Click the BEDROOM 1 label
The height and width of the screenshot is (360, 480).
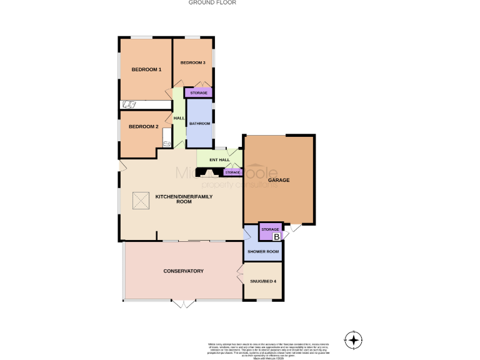(146, 69)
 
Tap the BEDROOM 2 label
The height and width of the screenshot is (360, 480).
(143, 127)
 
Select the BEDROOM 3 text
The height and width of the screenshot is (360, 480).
(193, 62)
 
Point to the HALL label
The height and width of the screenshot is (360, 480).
(179, 118)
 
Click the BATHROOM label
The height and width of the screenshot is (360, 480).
(200, 124)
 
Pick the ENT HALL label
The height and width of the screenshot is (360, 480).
(211, 161)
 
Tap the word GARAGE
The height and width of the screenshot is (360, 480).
(279, 180)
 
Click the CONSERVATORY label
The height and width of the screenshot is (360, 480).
(184, 271)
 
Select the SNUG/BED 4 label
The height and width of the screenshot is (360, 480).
(262, 281)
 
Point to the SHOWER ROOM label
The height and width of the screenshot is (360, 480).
(263, 251)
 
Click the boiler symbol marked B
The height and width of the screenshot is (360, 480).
(277, 236)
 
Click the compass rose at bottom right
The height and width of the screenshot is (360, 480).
(354, 340)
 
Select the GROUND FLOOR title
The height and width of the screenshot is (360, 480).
(212, 2)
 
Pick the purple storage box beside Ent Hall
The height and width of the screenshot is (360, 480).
(232, 172)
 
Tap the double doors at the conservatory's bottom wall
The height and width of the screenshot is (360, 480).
(184, 304)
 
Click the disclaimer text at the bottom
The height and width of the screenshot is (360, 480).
(267, 349)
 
